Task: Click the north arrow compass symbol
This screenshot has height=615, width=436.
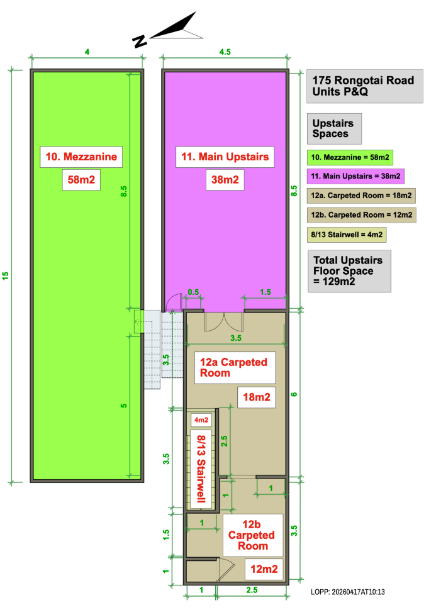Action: pyautogui.click(x=172, y=30)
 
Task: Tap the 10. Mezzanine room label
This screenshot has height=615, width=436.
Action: pyautogui.click(x=81, y=157)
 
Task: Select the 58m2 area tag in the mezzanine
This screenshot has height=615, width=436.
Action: pyautogui.click(x=81, y=180)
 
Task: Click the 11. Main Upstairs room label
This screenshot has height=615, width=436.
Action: pyautogui.click(x=225, y=157)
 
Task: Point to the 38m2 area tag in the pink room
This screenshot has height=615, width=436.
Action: pyautogui.click(x=225, y=180)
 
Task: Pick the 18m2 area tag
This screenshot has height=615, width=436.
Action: pyautogui.click(x=257, y=397)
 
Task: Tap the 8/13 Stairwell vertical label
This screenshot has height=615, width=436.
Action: pyautogui.click(x=201, y=468)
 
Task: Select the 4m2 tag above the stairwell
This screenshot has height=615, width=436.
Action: pyautogui.click(x=201, y=420)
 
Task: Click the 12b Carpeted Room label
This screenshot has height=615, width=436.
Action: pyautogui.click(x=253, y=535)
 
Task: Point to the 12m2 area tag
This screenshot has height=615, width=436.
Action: pyautogui.click(x=264, y=569)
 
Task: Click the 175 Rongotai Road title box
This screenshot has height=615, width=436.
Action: pyautogui.click(x=364, y=86)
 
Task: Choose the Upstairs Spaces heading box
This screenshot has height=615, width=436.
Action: pyautogui.click(x=334, y=129)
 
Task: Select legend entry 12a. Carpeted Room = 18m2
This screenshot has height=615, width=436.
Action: pyautogui.click(x=361, y=196)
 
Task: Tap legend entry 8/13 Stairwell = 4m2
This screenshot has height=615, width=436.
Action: pyautogui.click(x=347, y=235)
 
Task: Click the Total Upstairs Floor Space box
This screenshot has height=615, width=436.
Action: pyautogui.click(x=349, y=271)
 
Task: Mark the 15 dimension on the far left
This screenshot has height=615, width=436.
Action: pyautogui.click(x=5, y=275)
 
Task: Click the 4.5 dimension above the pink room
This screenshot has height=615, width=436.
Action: pyautogui.click(x=225, y=52)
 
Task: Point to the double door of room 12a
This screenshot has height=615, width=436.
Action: pyautogui.click(x=224, y=321)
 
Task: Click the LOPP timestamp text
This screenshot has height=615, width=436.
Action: pyautogui.click(x=348, y=592)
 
